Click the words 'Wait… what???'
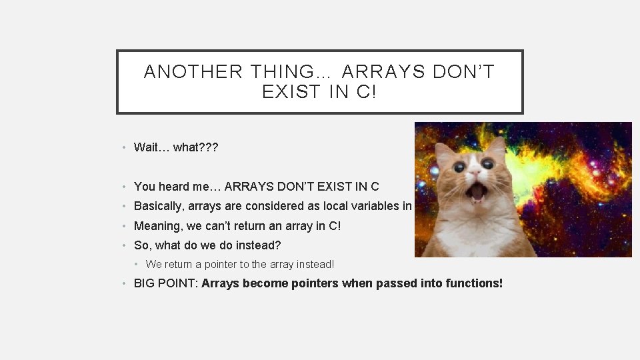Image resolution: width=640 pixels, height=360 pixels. (176, 147)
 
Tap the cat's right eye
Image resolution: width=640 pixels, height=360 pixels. (489, 164)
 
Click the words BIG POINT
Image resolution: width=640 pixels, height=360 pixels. (164, 283)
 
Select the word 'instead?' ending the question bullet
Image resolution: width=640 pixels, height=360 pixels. (259, 245)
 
